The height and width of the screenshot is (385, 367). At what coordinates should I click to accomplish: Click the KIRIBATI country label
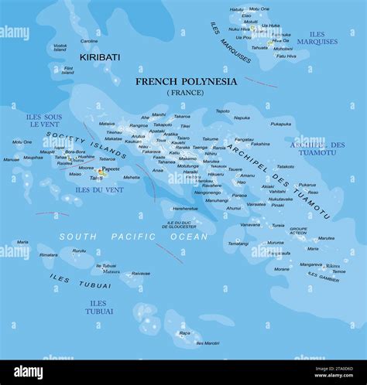coord(100,57)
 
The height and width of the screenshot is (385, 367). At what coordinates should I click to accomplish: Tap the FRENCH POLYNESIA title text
coord(187,81)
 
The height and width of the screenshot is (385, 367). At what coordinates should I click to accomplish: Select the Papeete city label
coord(111,169)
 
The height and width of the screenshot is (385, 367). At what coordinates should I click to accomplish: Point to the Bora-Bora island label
coord(75,152)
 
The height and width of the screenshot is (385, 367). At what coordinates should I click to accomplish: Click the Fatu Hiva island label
coord(286,56)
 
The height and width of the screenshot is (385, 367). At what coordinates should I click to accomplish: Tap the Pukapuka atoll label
coord(281,124)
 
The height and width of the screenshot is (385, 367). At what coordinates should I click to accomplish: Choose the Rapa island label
coord(184,333)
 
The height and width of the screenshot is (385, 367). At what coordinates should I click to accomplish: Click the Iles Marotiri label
coord(208,342)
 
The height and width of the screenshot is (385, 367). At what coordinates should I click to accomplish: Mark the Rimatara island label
coord(49,254)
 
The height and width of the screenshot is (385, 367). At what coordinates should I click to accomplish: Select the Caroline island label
coord(89,41)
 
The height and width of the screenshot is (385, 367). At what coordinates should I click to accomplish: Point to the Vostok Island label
coord(60,48)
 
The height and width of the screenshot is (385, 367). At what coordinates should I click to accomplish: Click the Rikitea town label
coord(333,265)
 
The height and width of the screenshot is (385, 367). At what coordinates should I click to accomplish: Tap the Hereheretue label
coord(184,208)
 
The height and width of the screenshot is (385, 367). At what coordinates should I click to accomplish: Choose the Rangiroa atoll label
coord(139,125)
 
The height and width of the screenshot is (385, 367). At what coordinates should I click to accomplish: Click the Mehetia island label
coord(132,177)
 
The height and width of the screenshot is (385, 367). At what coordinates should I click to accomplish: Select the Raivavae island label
coord(140,273)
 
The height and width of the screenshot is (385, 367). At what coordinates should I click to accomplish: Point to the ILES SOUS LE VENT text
coord(43,121)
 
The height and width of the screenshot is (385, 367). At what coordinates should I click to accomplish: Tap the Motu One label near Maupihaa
coord(22,141)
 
